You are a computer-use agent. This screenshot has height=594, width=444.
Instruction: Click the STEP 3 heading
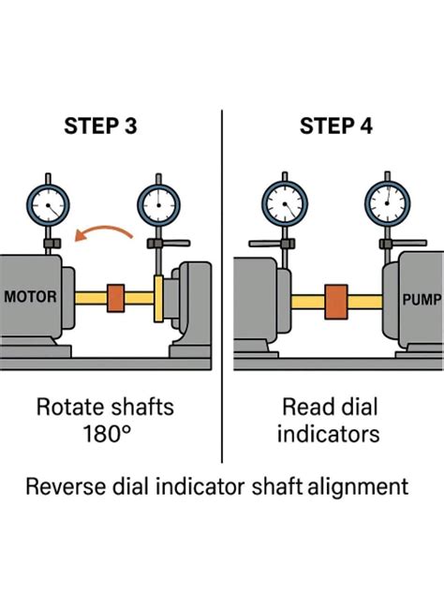(100, 126)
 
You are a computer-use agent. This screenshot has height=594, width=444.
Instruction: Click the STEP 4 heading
(336, 126)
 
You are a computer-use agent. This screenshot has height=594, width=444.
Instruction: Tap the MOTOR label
(30, 296)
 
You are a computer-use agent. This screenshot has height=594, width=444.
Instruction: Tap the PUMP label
(422, 300)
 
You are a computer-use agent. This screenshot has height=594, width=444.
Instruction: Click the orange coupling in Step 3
(115, 298)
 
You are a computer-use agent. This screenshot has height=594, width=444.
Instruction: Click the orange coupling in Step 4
(336, 302)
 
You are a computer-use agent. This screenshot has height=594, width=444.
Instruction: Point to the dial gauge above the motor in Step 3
(48, 206)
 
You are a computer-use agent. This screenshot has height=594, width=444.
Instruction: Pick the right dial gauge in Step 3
(158, 205)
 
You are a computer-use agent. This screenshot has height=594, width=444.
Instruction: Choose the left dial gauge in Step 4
(285, 204)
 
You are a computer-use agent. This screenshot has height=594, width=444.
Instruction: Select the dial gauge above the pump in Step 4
(387, 204)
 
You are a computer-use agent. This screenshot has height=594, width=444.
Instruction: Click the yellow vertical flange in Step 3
(158, 299)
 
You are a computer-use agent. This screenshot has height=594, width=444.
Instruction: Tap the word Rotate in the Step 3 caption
(70, 407)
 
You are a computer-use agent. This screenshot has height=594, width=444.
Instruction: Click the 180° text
(107, 434)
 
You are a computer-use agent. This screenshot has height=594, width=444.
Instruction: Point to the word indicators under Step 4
(328, 434)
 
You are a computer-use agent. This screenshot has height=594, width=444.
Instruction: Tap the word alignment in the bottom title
(358, 487)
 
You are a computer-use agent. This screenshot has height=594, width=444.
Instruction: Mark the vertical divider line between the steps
(222, 287)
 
